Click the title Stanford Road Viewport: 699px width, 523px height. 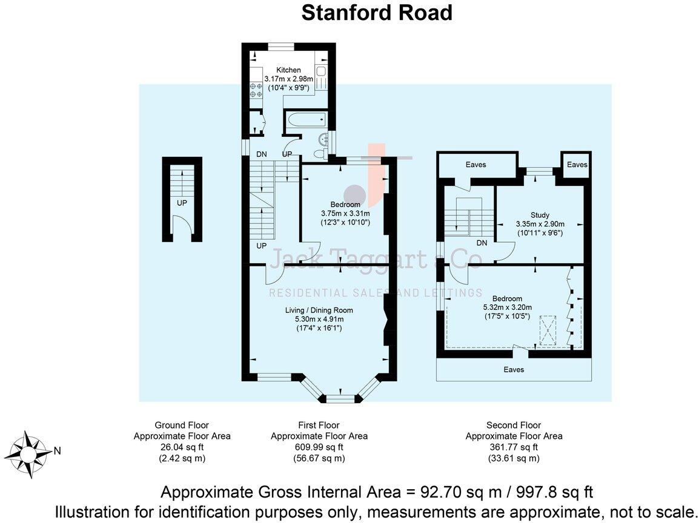[x=377, y=13]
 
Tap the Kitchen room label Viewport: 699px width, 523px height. [x=288, y=70]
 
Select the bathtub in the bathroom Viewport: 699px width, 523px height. [x=308, y=120]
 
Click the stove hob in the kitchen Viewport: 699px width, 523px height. [x=256, y=90]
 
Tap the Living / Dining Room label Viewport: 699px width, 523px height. [x=319, y=311]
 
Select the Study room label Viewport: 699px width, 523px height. [x=540, y=215]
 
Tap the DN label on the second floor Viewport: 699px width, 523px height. [x=482, y=243]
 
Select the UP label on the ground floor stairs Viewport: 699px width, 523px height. [x=182, y=203]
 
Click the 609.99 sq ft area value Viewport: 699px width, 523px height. [x=319, y=447]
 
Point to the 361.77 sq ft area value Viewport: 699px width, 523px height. [x=514, y=447]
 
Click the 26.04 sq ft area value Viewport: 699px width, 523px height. [x=182, y=447]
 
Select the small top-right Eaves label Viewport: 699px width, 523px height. [x=577, y=165]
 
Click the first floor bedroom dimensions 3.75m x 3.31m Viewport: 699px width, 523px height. [x=345, y=214]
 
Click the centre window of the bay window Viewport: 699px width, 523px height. [x=340, y=398]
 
